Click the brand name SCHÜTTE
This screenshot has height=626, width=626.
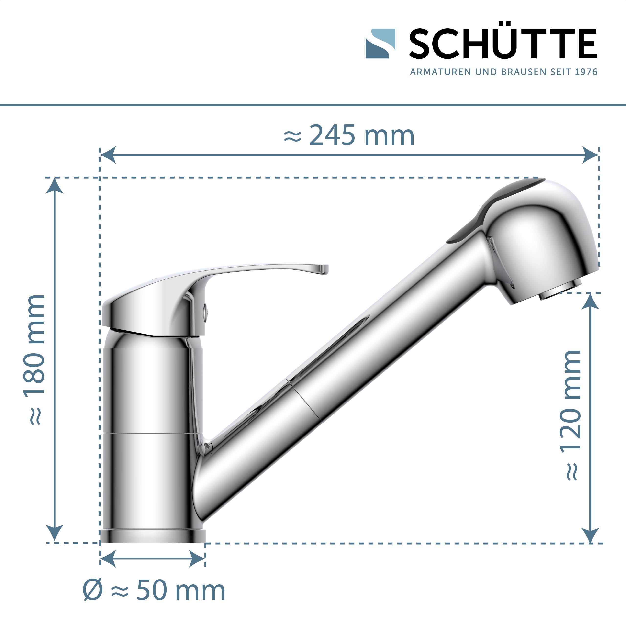point(503,44)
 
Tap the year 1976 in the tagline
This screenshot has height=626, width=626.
point(586,72)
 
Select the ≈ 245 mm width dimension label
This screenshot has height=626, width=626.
point(349,136)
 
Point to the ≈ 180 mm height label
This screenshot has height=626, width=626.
point(34,360)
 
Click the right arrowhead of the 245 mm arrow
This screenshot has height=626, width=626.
point(590,155)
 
